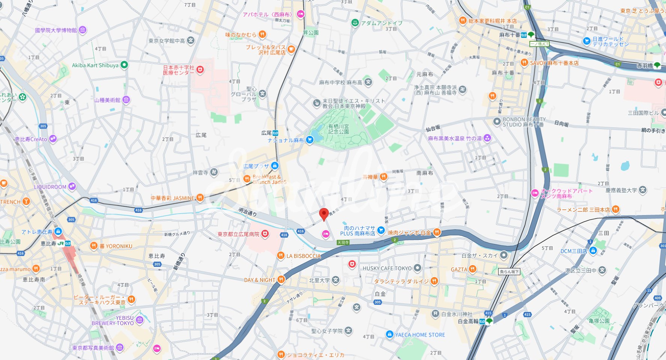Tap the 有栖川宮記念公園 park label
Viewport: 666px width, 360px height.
coord(338,129)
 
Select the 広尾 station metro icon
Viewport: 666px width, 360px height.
coord(276,133)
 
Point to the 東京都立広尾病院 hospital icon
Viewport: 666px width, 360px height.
coord(265,234)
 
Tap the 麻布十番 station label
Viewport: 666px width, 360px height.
coord(509,35)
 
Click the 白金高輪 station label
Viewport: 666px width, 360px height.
coord(468,321)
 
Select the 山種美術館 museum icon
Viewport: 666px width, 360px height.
coord(127,100)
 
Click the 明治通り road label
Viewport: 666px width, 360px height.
coord(248,212)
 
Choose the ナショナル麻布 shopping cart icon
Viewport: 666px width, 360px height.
coord(309,140)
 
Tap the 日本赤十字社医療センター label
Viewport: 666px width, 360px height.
coord(179,70)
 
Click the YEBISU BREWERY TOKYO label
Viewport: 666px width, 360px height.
coord(113,320)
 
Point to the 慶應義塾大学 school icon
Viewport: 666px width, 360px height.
coord(643,190)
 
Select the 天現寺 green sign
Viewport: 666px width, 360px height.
coord(343,243)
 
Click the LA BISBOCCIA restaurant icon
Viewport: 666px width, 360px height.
coord(280,256)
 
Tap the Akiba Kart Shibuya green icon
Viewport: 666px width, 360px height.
coord(124,65)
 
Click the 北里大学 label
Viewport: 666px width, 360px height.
coord(319,280)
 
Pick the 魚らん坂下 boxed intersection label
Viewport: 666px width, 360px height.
coord(509,271)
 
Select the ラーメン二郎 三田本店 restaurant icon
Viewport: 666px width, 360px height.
coord(615,209)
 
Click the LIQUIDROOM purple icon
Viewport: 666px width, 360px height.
coord(72,187)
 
